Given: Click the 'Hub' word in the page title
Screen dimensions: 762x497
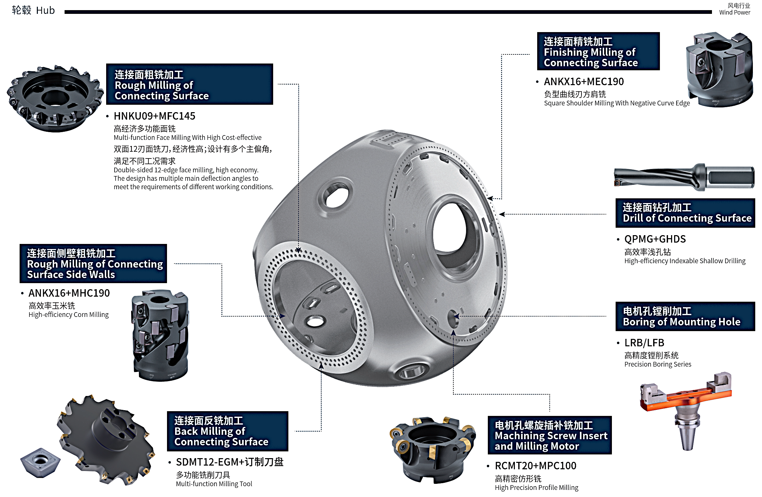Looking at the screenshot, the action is (x=45, y=10).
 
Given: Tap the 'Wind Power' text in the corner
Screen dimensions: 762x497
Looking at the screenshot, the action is (x=735, y=13).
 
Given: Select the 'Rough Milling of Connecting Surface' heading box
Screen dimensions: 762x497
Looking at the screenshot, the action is (x=189, y=84).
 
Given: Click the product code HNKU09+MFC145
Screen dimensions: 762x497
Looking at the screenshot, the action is (x=154, y=116).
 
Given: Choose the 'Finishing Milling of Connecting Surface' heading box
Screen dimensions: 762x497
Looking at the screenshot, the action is (x=598, y=51).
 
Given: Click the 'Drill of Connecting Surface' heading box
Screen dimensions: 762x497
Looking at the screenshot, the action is (x=685, y=213).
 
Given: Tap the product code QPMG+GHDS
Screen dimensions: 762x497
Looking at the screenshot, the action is (x=655, y=239).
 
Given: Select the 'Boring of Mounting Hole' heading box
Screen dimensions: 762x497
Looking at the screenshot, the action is (x=685, y=316).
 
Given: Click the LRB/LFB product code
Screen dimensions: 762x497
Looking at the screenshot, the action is (x=644, y=343).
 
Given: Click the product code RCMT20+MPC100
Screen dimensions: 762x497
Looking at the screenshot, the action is (x=535, y=466).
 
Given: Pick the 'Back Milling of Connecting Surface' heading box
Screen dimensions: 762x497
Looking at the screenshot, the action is (x=228, y=431).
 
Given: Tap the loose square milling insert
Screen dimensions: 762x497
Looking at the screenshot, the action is (x=40, y=463).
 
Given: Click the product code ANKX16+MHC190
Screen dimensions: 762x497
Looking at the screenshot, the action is (x=69, y=293).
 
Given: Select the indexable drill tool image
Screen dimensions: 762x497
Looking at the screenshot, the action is (x=684, y=177).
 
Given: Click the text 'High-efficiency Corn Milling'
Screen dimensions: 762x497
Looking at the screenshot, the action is (x=69, y=315).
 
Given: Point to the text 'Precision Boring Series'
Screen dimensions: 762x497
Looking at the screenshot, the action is (x=658, y=365).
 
